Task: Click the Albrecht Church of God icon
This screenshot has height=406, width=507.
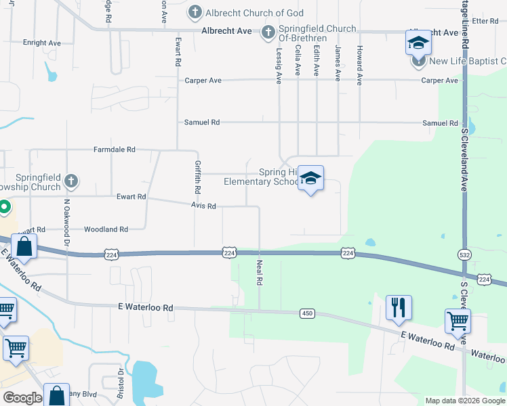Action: pyautogui.click(x=195, y=12)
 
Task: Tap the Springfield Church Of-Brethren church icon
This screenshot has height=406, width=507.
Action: pyautogui.click(x=268, y=32)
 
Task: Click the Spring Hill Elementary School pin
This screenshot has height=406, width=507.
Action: pyautogui.click(x=310, y=179)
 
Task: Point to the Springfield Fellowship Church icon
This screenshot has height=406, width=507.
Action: pyautogui.click(x=71, y=181)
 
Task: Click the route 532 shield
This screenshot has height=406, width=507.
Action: pyautogui.click(x=464, y=254)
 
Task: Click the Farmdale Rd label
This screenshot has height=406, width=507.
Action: pyautogui.click(x=115, y=149)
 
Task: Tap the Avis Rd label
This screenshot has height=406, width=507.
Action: pyautogui.click(x=203, y=206)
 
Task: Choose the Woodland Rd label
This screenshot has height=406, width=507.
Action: pyautogui.click(x=106, y=229)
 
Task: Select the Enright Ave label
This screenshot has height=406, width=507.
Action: pyautogui.click(x=41, y=43)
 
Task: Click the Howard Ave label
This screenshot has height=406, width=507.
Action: pyautogui.click(x=359, y=65)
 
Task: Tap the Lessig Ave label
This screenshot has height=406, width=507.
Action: pyautogui.click(x=278, y=65)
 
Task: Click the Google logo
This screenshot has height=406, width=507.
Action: pyautogui.click(x=22, y=398)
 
